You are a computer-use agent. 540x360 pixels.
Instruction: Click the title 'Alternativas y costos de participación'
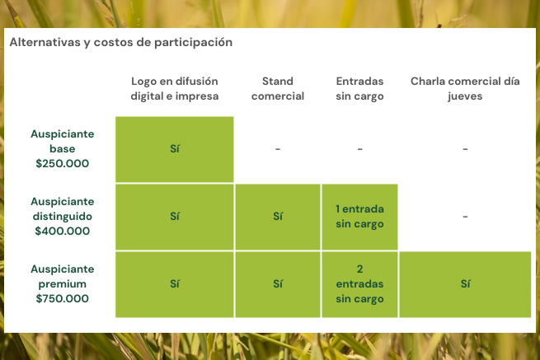pos(121,42)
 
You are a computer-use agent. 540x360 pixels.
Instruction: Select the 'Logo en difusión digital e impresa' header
pos(175,88)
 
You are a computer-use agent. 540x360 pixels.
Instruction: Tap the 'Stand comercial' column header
pos(278,88)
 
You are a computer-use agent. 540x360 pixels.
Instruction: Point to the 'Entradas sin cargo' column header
pos(359,88)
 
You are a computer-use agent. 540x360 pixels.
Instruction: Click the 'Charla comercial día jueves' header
pos(465,88)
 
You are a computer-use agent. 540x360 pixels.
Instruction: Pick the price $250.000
pos(63,163)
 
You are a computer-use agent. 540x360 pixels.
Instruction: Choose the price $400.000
pos(63,231)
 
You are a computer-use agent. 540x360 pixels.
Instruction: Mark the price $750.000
pos(63,298)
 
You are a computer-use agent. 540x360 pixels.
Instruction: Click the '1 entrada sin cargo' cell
pos(359,217)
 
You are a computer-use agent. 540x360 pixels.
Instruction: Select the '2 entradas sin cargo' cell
pos(359,284)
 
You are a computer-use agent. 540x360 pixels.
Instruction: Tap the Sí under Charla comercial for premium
pos(465,284)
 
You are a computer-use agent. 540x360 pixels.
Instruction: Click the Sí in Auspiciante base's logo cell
pos(175,148)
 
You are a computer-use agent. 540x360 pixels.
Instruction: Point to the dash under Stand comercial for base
pos(278,149)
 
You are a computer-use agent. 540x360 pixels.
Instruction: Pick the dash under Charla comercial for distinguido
pos(465,217)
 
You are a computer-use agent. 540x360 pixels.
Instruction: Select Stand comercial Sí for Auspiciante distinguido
pos(278,217)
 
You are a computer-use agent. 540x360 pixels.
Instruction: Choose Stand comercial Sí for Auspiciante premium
pos(278,284)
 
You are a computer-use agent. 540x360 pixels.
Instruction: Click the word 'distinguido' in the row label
pos(63,217)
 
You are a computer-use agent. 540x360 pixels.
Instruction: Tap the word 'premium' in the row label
pos(63,284)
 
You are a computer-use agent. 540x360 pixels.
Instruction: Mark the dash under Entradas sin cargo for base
pos(359,149)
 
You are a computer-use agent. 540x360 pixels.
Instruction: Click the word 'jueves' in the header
pos(465,96)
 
